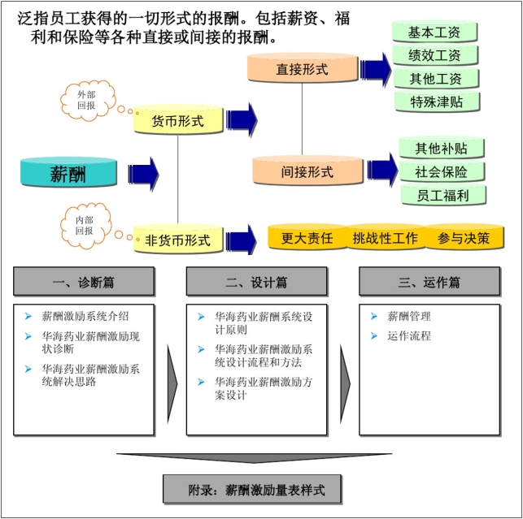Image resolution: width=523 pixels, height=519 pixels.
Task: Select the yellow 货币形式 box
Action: point(178,121)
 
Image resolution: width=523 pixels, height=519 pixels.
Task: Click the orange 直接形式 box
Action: point(302,69)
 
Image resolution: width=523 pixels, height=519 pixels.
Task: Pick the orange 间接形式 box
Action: point(307,171)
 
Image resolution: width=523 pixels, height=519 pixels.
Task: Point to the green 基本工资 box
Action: point(434,32)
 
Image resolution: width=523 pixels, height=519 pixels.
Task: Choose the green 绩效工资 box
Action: point(434,55)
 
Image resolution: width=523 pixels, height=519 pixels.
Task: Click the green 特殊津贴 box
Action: point(434,101)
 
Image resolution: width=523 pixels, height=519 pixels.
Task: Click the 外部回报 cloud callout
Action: point(85,99)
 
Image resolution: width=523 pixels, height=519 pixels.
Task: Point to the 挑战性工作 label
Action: point(385,239)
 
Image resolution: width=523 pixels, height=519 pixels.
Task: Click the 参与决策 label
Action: point(464,239)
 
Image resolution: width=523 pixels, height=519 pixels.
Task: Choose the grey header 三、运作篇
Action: point(429,282)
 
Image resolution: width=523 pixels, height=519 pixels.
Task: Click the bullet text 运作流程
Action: point(409,335)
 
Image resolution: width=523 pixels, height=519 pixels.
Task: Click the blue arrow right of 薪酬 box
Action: point(142,172)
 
